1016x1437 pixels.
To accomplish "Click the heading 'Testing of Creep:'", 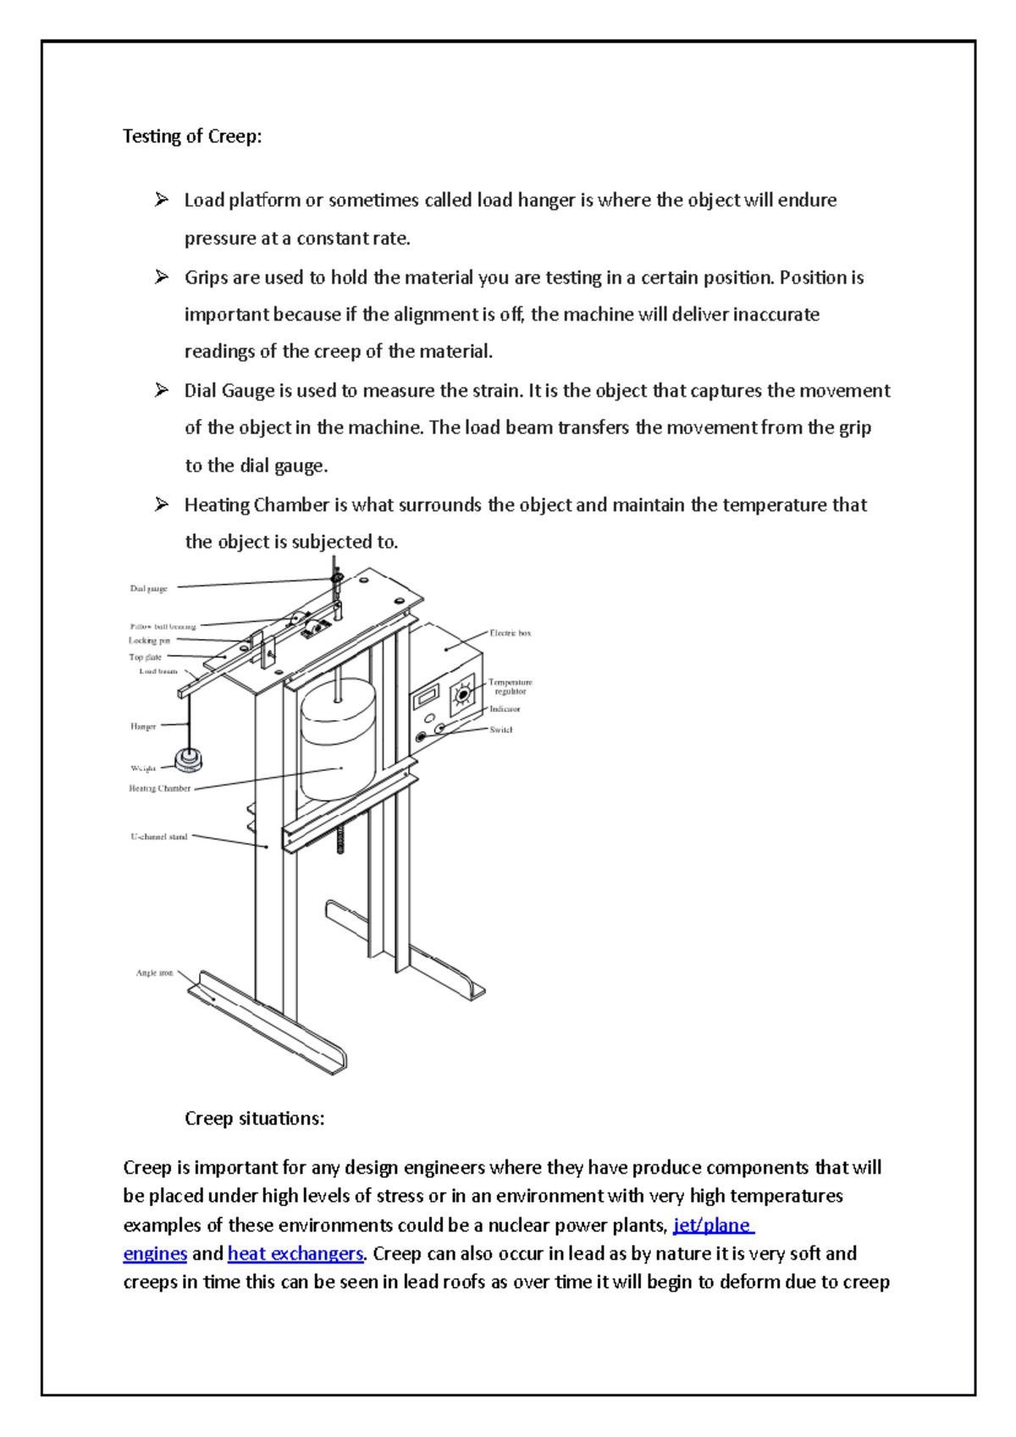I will point(192,136).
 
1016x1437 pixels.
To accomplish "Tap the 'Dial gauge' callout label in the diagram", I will point(148,588).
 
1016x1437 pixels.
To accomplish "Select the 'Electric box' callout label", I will point(510,633).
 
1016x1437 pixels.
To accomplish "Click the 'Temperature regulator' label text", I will point(510,686).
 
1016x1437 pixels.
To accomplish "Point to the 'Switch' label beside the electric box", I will point(500,730).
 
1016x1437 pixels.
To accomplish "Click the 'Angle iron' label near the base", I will point(154,973).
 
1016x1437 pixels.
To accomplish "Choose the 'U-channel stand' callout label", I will point(158,837).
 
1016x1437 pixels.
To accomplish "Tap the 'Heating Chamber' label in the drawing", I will point(159,789).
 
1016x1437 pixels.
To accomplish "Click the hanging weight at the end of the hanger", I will point(188,759).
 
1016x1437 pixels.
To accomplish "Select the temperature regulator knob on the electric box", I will point(462,695).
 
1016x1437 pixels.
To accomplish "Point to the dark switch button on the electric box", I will point(421,737).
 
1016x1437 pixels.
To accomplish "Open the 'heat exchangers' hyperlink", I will point(295,1253).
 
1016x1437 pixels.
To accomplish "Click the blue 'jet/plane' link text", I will point(712,1225).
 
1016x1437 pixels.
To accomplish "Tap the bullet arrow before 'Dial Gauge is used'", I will point(162,390).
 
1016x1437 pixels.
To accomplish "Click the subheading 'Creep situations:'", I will point(254,1119).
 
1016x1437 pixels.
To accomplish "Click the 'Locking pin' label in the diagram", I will point(149,641).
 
